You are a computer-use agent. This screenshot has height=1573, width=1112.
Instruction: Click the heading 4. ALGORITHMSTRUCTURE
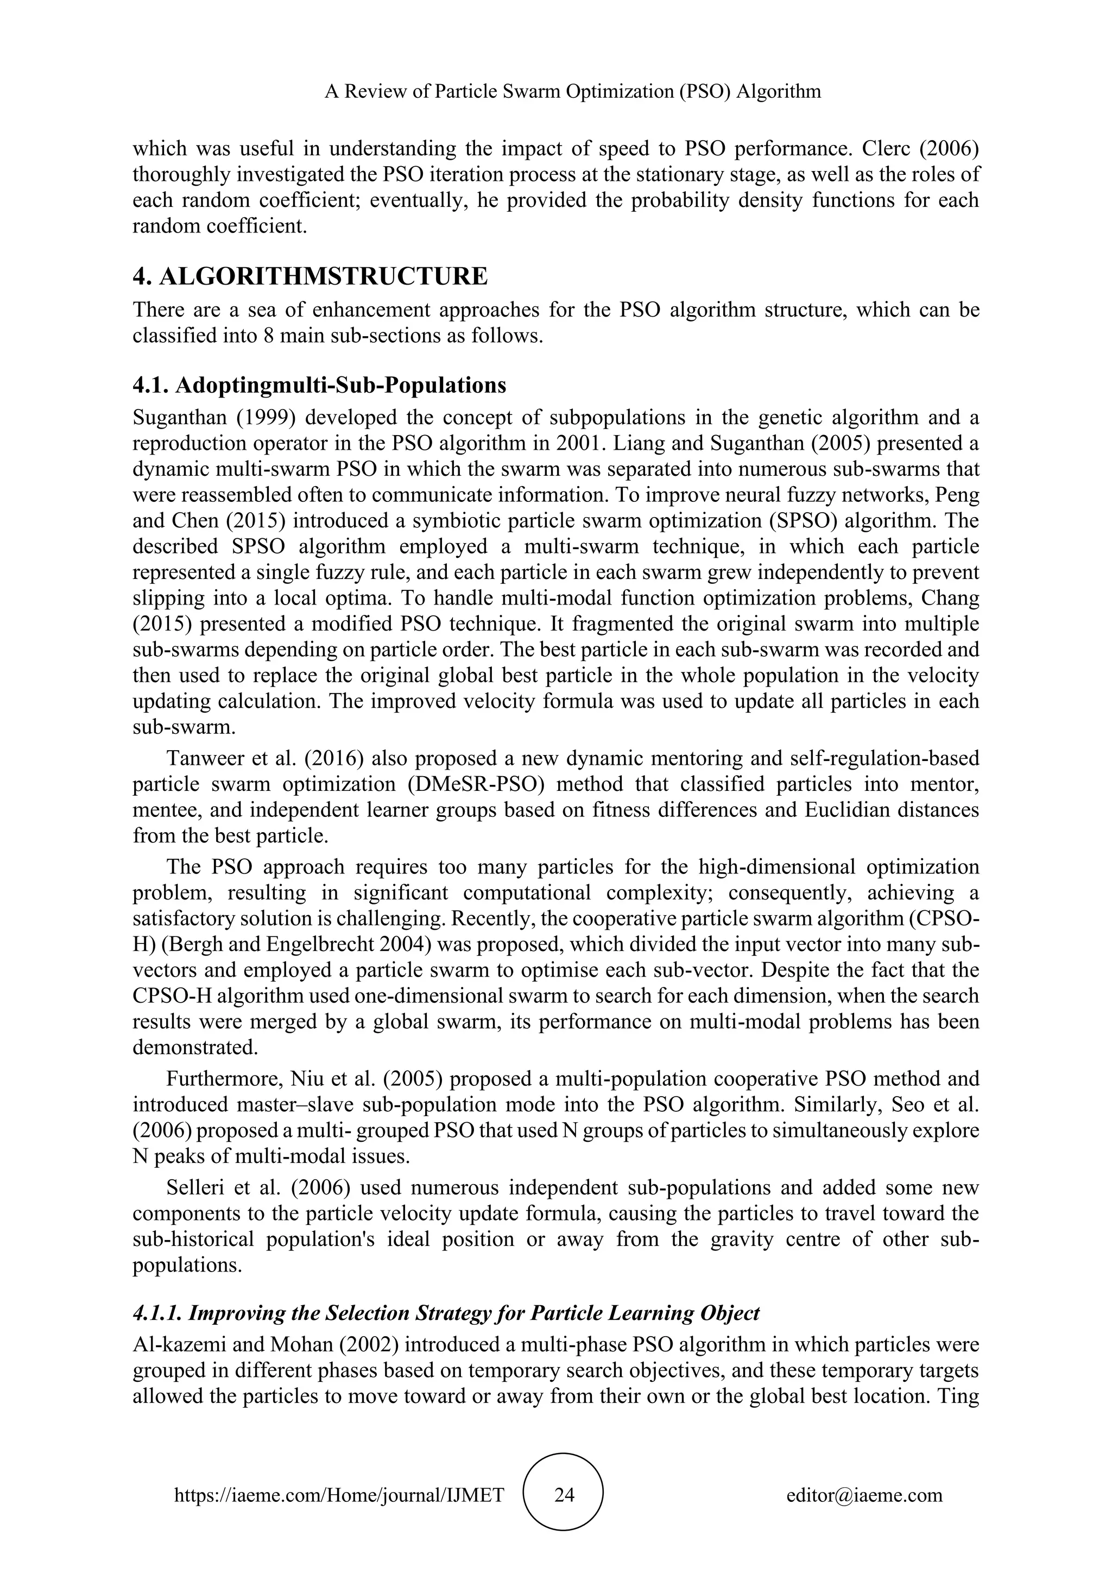point(310,276)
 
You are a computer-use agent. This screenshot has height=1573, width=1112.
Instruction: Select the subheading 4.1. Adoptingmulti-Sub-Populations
point(319,385)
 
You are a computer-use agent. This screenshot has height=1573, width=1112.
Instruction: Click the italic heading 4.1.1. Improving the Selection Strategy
point(446,1313)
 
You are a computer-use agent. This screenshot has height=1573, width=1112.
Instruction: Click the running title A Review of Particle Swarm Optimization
point(572,91)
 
